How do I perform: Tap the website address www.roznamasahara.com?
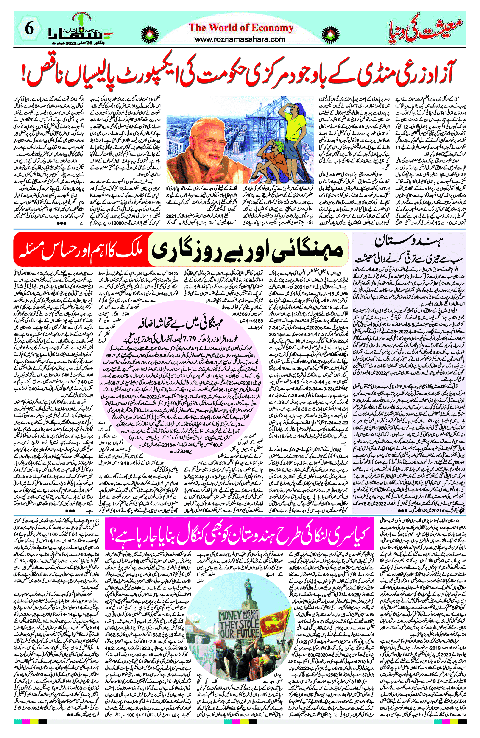pyautogui.click(x=240, y=39)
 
